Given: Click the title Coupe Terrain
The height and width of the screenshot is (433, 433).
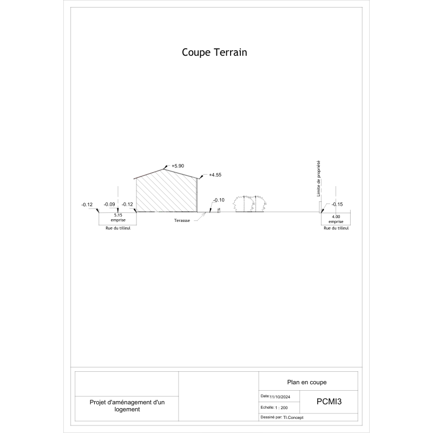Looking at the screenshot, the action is [x=214, y=53].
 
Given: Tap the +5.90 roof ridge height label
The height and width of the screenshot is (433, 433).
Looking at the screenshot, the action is [x=178, y=166].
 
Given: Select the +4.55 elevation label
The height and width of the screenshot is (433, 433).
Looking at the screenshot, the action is [x=215, y=175].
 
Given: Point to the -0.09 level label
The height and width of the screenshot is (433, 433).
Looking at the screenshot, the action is [x=109, y=205].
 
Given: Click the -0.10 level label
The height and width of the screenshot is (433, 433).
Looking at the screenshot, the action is [x=219, y=200].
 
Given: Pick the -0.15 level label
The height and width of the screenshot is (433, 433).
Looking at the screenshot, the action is [x=337, y=205].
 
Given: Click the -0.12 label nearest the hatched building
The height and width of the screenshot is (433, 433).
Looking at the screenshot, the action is [x=127, y=205].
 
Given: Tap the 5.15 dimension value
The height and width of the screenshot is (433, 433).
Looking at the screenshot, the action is [x=118, y=215].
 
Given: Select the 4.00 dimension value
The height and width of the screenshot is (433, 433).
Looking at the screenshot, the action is [x=336, y=217].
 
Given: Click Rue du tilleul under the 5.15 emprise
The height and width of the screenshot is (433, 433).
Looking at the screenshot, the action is [x=118, y=228].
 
